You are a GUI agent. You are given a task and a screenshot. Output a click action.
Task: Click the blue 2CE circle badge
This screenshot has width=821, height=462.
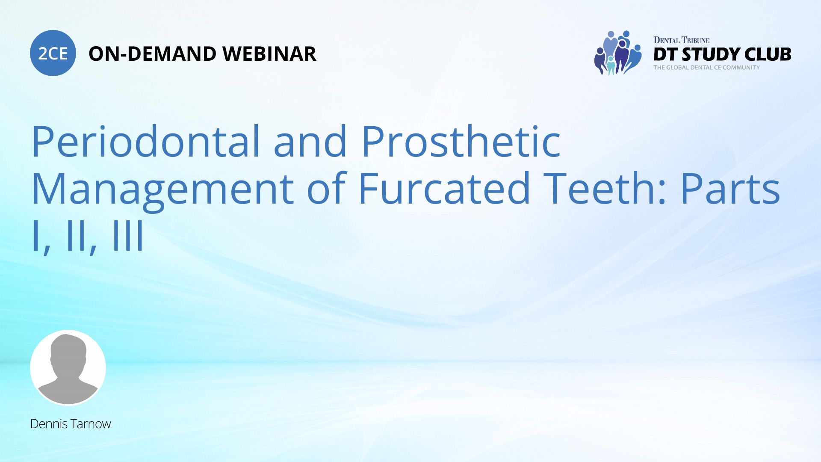(53, 53)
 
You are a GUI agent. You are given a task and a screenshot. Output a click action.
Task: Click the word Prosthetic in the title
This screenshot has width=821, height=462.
(461, 142)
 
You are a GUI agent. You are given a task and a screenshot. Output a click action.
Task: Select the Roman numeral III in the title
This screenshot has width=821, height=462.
(128, 236)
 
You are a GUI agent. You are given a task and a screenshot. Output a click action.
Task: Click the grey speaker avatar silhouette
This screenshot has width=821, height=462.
(68, 367)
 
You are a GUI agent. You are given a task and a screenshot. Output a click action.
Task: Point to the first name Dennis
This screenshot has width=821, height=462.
(49, 424)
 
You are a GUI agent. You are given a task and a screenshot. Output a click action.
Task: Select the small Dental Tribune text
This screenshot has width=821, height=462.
(681, 40)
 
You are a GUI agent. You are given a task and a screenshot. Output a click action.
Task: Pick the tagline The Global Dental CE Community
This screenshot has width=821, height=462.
(706, 68)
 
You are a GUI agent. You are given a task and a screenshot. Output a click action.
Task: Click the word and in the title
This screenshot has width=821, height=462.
(310, 142)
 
